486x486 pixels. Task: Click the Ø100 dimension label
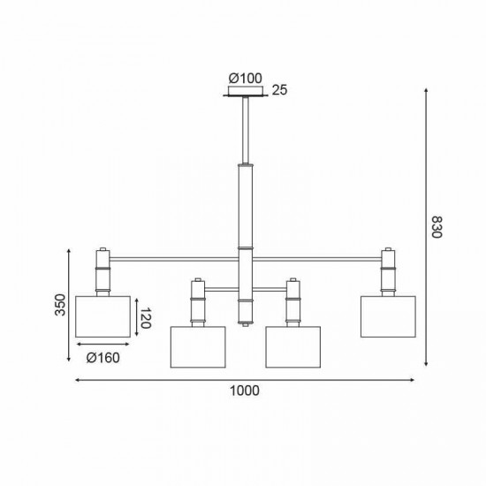[x=245, y=79]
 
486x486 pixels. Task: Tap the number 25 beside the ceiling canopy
[x=279, y=90]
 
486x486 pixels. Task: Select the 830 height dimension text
[x=437, y=227]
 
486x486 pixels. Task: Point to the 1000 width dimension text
[x=244, y=391]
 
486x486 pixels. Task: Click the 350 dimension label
[x=60, y=305]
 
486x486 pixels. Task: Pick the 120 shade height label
[x=145, y=318]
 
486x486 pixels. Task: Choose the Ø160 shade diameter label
[x=103, y=358]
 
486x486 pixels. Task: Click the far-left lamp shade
[x=103, y=316]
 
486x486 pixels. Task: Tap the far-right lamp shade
[x=388, y=316]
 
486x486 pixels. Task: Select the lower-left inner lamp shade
[x=198, y=347]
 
